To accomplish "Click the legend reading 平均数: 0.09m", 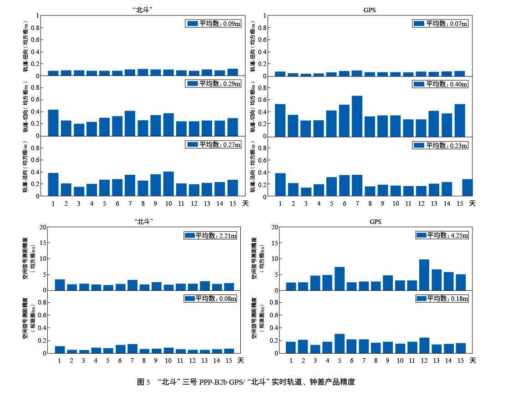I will pos(213,24).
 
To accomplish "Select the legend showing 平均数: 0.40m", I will pos(440,84).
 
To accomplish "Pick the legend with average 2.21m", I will pos(210,235).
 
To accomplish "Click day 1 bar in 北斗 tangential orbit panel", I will pos(53,123).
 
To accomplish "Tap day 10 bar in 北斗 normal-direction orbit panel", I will pos(168,184).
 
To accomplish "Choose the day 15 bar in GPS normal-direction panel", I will pos(460,188).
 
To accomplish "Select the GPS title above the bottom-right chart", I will pos(376,222).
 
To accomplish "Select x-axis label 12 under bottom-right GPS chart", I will pos(424,360).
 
